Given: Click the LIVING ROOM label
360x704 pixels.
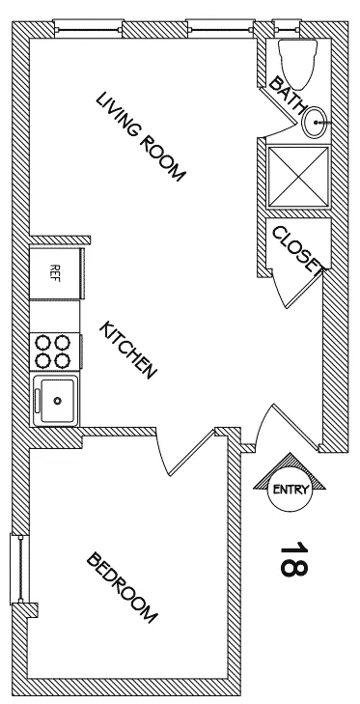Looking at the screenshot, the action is click(x=140, y=136).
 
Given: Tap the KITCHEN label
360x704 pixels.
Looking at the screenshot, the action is click(x=128, y=350).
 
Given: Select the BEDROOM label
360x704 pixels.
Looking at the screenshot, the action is click(x=123, y=586).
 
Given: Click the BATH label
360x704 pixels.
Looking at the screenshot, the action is click(x=287, y=95).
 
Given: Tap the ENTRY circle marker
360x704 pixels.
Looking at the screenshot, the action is click(x=290, y=489).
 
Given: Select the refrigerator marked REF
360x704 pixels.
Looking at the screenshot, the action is click(x=55, y=271).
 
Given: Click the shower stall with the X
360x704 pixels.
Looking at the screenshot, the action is click(x=296, y=176).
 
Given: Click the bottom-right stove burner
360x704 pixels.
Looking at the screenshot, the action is click(x=65, y=360).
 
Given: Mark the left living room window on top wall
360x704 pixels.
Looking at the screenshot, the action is click(x=90, y=28).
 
